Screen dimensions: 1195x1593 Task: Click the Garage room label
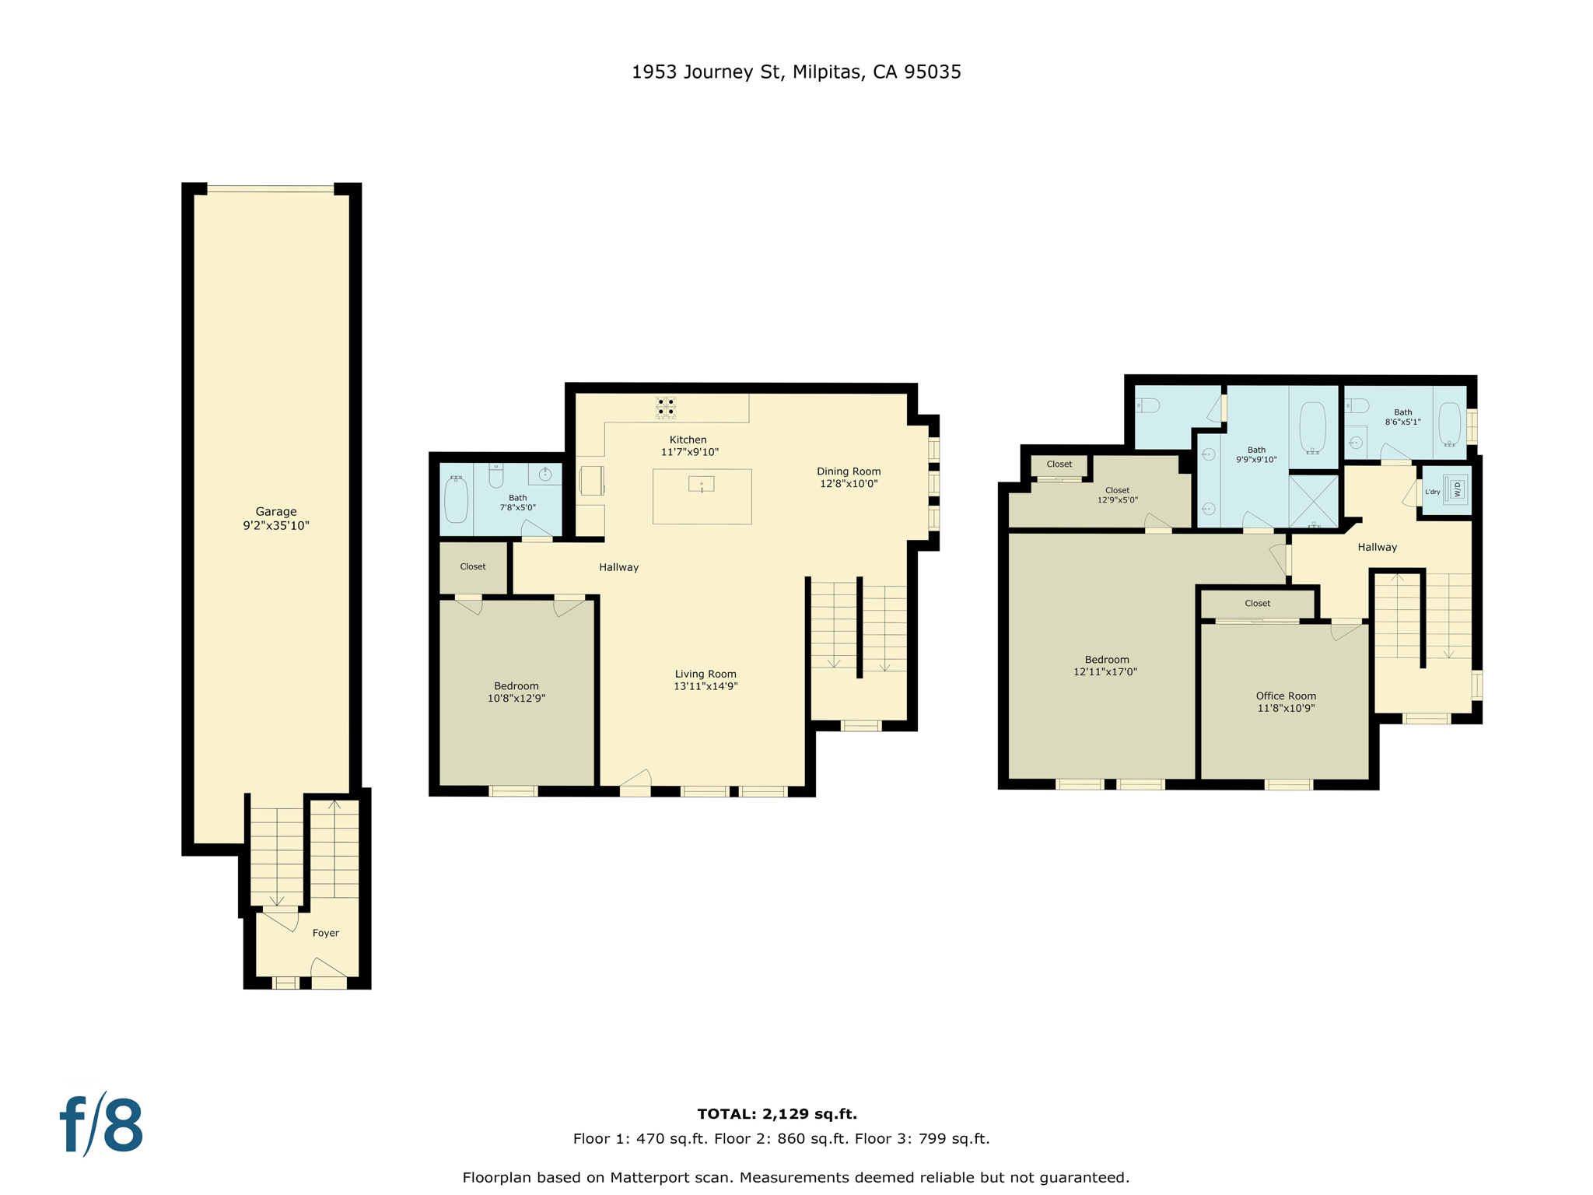point(276,512)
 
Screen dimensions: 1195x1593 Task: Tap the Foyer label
point(325,933)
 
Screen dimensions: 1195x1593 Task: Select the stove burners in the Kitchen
point(666,407)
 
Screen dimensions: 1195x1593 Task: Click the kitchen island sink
point(702,485)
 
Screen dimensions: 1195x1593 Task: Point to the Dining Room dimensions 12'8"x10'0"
point(849,484)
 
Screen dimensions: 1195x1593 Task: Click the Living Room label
point(705,674)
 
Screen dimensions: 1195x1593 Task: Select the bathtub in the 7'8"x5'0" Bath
point(456,499)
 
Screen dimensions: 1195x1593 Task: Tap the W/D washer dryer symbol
point(1456,489)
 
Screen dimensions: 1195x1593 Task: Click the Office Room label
point(1286,696)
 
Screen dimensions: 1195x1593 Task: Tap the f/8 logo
point(102,1125)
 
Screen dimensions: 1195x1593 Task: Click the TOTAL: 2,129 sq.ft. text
point(777,1114)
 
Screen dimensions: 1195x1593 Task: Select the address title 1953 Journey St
point(796,72)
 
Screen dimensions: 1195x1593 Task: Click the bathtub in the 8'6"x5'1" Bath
point(1450,423)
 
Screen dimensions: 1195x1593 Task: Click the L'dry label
point(1432,492)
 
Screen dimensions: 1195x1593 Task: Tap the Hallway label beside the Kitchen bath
point(618,567)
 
